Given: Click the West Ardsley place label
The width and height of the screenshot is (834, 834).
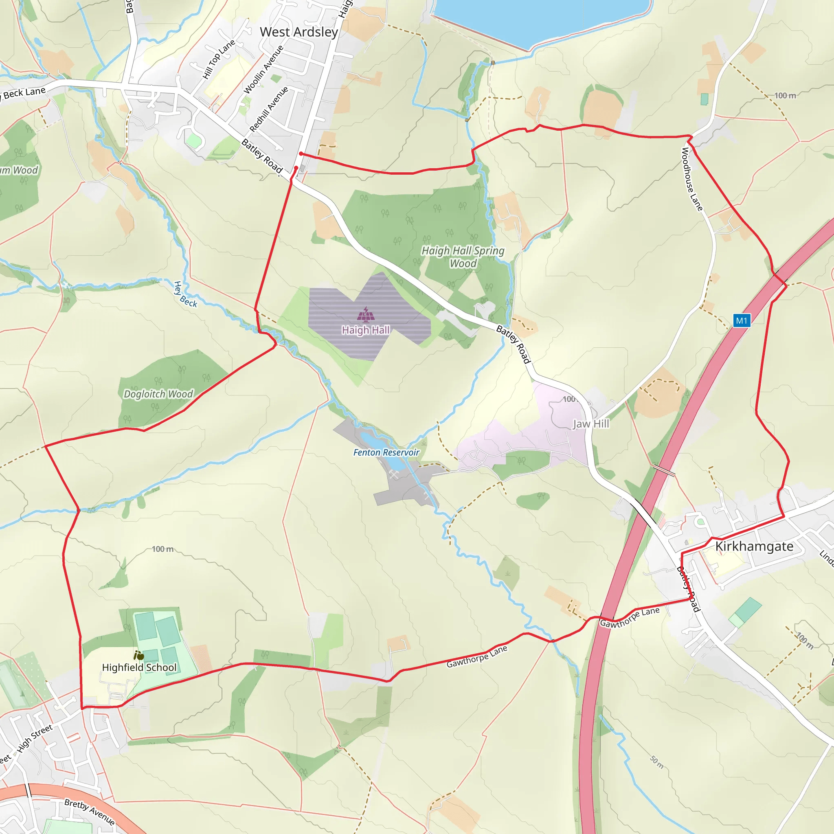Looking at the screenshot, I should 299,32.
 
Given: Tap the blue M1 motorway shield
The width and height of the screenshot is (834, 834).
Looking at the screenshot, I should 741,320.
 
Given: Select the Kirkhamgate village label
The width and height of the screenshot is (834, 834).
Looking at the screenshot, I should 754,546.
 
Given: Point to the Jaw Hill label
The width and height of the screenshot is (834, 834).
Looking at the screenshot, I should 590,424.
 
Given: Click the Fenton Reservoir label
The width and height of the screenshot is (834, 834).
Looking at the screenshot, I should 386,452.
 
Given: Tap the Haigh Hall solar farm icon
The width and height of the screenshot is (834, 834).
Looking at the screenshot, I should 366,315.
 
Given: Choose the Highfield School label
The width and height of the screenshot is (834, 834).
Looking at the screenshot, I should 139,667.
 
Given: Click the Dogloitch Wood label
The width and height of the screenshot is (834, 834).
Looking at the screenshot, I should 158,394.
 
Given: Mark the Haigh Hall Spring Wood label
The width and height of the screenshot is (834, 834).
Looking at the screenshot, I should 463,257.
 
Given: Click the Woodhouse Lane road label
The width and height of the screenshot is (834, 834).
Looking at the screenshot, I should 692,179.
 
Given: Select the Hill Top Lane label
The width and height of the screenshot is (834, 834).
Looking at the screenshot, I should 219,59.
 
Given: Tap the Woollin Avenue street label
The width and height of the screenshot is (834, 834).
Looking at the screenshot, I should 264,70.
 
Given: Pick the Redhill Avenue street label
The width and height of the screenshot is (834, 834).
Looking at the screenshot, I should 269,109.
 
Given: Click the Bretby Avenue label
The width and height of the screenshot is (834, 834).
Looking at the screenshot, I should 89,812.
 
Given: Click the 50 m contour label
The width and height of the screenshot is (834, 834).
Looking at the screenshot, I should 657,762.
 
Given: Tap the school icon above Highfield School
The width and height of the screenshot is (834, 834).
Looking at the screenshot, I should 138,656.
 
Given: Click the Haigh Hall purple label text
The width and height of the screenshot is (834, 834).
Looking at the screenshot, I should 366,330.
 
